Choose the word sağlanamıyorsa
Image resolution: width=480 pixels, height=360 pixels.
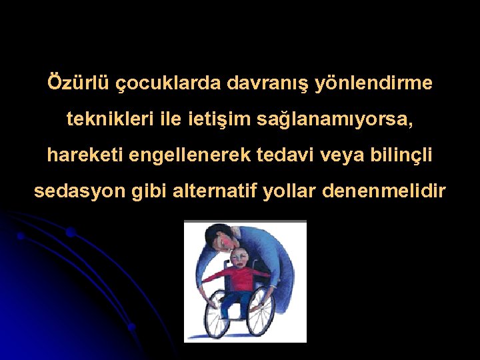point(347,121)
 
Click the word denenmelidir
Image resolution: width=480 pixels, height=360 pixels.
point(384,191)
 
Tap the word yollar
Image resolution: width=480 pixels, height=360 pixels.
point(290,191)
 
